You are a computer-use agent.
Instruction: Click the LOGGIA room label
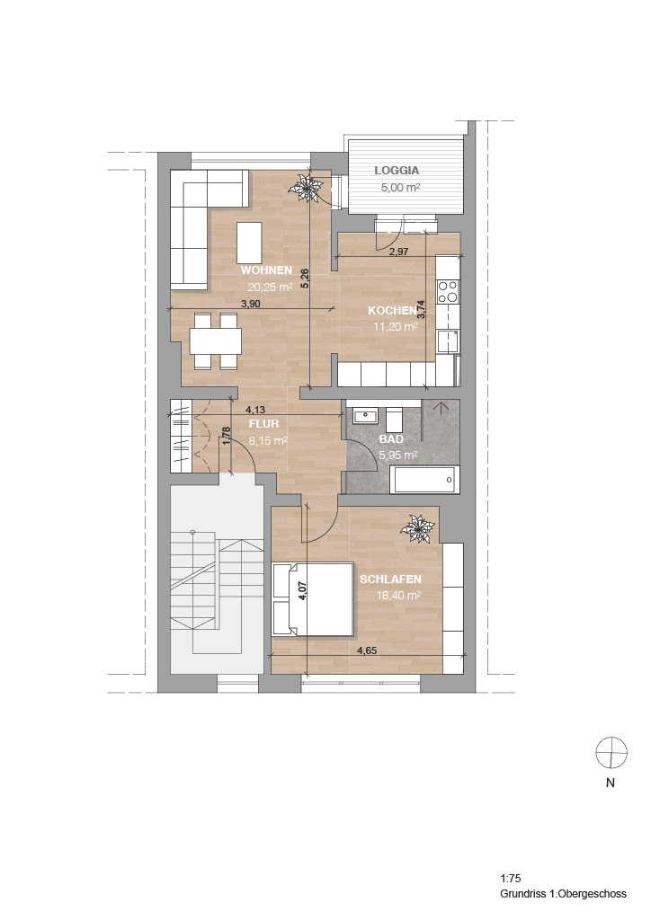[397, 171]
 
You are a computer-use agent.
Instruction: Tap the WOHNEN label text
[266, 270]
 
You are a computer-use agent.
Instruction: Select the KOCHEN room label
[392, 310]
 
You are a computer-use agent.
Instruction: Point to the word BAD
[391, 438]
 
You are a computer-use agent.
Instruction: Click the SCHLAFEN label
[390, 579]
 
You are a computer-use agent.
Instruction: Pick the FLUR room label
[263, 424]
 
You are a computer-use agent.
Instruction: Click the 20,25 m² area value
[270, 287]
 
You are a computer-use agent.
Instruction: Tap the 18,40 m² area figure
[399, 596]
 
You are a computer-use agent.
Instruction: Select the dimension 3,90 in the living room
[249, 304]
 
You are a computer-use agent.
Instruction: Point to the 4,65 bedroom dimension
[366, 650]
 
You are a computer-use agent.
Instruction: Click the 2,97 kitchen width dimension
[398, 252]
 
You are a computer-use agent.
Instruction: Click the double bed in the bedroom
[314, 599]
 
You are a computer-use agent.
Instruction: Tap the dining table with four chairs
[216, 341]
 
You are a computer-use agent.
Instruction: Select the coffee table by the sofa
[249, 243]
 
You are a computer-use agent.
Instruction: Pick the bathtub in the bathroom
[425, 480]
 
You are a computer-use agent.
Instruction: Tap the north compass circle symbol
[611, 753]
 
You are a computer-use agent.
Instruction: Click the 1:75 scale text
[511, 879]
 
